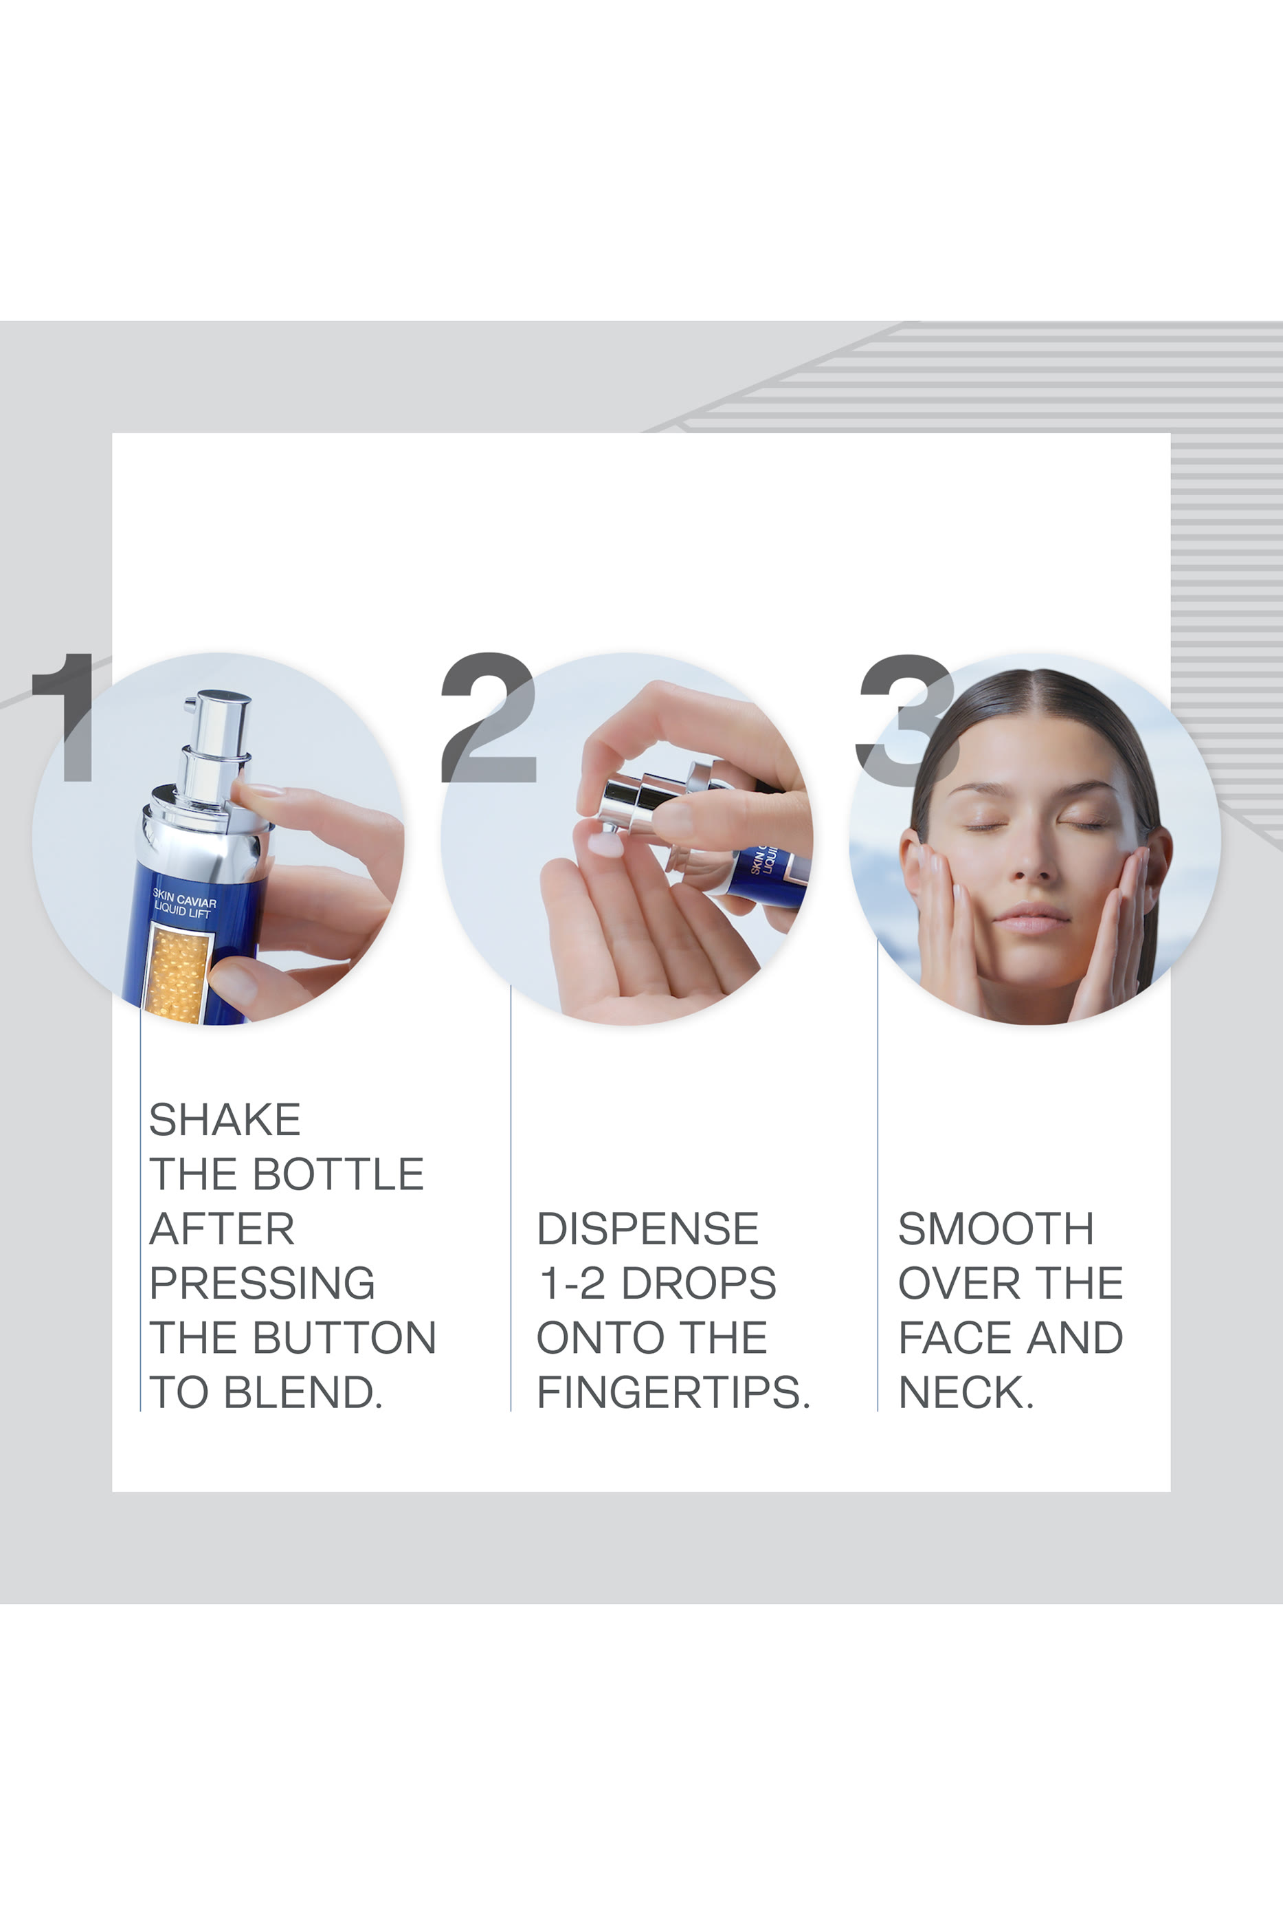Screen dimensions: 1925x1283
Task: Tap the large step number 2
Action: point(488,718)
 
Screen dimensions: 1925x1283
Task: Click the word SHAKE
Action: point(225,1120)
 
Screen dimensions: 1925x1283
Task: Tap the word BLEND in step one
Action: point(303,1393)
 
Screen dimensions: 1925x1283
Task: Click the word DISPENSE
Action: point(647,1229)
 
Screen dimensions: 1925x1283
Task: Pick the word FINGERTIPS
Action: point(673,1393)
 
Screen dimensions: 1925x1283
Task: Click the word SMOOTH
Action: point(995,1229)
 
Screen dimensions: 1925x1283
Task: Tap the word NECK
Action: point(966,1393)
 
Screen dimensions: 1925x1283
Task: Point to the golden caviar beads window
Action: point(175,974)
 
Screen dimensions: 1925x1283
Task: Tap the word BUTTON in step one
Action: point(344,1338)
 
